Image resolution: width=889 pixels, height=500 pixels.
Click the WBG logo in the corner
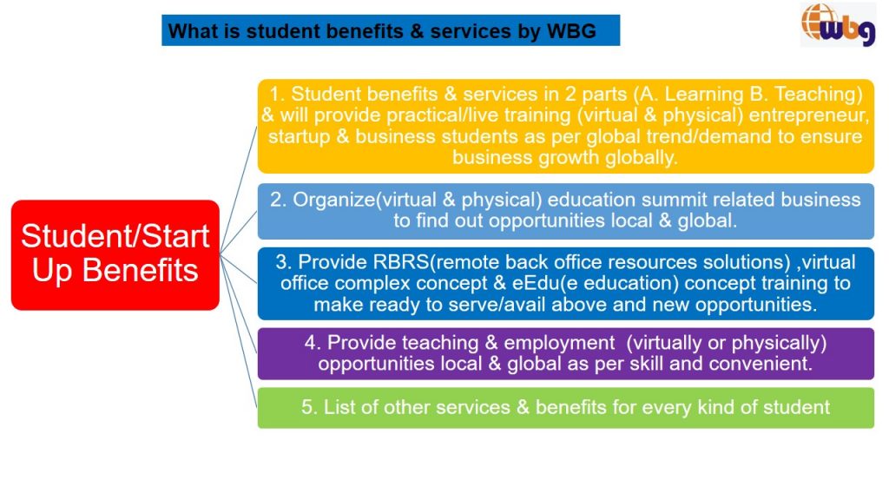point(838,24)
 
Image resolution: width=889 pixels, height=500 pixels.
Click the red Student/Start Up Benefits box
point(115,254)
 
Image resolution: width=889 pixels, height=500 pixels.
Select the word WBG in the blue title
point(571,30)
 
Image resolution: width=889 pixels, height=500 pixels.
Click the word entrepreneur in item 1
point(808,115)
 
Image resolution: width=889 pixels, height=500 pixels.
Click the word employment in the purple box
point(559,342)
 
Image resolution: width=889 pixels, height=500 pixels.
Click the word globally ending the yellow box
point(641,157)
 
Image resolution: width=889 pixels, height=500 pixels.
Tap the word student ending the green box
point(796,407)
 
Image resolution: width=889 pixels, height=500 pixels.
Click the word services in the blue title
point(471,30)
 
